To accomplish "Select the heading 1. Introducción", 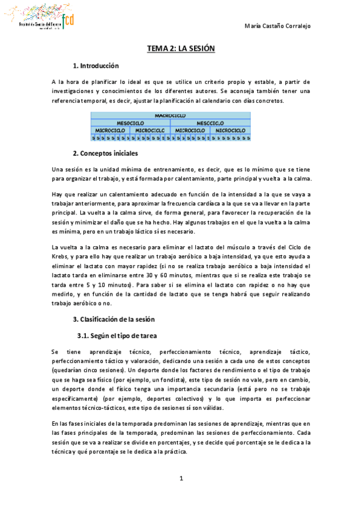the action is [x=95, y=66].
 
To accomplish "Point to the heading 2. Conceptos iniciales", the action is [x=105, y=153].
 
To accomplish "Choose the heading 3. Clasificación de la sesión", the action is [x=114, y=318].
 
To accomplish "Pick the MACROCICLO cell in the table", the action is [x=170, y=115].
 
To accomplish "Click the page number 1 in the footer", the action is [x=181, y=479].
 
